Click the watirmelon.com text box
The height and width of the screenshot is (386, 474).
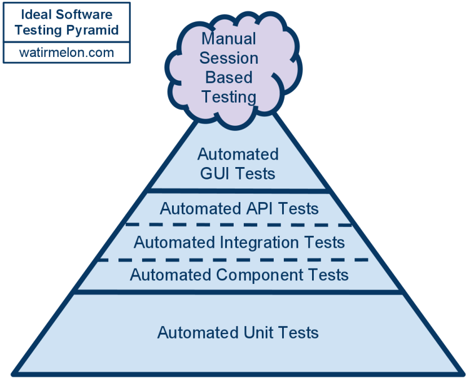[67, 52]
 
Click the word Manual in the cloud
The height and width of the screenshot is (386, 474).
[229, 39]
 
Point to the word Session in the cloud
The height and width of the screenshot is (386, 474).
[229, 58]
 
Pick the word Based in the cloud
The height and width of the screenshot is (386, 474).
[229, 77]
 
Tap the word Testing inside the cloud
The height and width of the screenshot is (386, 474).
[229, 97]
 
